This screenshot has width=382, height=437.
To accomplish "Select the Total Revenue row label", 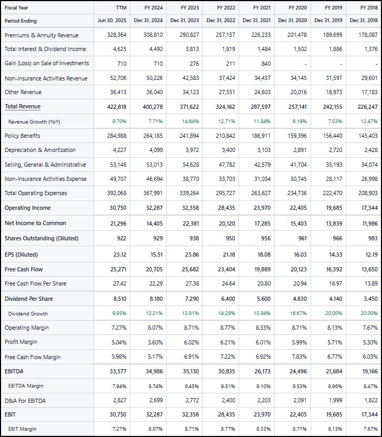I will (23, 106).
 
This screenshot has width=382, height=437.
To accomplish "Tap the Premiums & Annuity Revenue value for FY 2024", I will (153, 35).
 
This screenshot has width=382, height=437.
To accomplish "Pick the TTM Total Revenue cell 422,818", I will (117, 106).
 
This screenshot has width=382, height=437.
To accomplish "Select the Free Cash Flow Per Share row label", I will (35, 283).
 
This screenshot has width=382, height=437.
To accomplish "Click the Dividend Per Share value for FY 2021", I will (262, 299).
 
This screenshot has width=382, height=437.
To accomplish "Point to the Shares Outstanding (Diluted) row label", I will (41, 238).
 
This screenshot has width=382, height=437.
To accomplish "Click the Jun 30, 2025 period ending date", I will (112, 21).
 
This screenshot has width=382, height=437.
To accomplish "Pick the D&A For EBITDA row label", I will (25, 401).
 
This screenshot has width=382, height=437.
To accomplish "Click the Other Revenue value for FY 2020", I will (297, 92).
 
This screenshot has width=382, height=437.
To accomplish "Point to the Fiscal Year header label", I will (17, 8).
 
